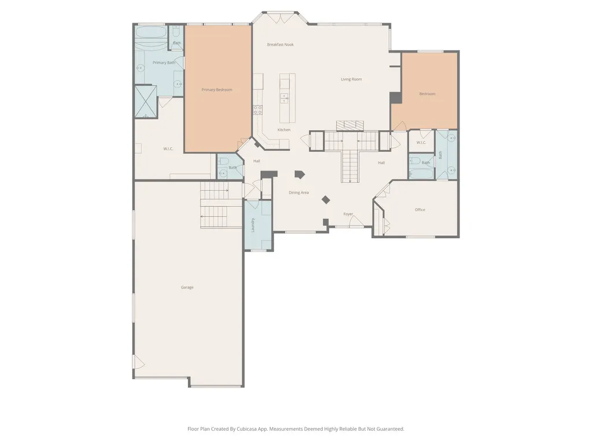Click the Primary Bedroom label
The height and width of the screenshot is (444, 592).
(217, 90)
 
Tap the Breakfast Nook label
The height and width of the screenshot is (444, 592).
(280, 45)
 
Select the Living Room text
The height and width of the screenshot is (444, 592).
(351, 79)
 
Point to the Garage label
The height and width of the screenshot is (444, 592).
(187, 287)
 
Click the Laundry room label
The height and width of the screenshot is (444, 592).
(253, 225)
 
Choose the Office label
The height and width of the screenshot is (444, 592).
(420, 209)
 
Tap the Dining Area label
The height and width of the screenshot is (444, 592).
(299, 193)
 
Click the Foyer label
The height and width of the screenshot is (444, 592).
(348, 214)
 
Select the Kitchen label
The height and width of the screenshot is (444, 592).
(284, 130)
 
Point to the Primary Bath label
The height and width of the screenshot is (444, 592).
(164, 62)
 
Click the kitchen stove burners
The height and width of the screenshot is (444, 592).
(258, 110)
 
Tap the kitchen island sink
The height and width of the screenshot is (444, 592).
(284, 98)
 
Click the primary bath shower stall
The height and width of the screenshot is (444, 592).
(146, 102)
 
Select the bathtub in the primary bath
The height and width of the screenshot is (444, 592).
(151, 32)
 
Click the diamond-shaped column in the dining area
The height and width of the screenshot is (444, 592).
(326, 199)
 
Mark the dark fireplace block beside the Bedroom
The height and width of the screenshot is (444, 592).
(395, 97)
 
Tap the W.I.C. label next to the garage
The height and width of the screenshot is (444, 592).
(168, 149)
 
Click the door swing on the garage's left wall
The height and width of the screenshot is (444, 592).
(139, 362)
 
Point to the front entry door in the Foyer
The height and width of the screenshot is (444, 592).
(356, 221)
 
